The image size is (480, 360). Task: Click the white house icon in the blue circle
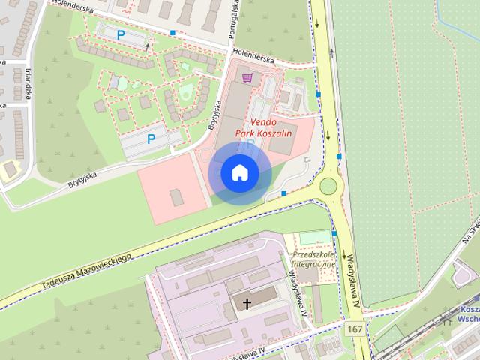click(x=239, y=173)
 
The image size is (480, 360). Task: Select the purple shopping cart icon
click(x=247, y=77)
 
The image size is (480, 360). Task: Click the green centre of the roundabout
click(x=328, y=185)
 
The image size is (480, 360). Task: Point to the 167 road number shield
click(x=355, y=329)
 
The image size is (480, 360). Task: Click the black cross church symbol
click(x=247, y=304)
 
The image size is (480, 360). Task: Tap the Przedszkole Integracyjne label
click(x=313, y=259)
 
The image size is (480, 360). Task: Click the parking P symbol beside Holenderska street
click(x=121, y=34)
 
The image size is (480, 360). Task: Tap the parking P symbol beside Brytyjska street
click(x=151, y=139)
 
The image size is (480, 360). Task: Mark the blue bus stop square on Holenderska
click(x=174, y=33)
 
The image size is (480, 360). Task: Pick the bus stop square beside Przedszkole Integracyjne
click(x=335, y=233)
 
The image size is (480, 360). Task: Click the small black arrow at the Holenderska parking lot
click(x=148, y=46)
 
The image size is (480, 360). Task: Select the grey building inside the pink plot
click(x=176, y=197)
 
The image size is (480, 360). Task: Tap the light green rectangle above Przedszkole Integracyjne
click(x=314, y=238)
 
